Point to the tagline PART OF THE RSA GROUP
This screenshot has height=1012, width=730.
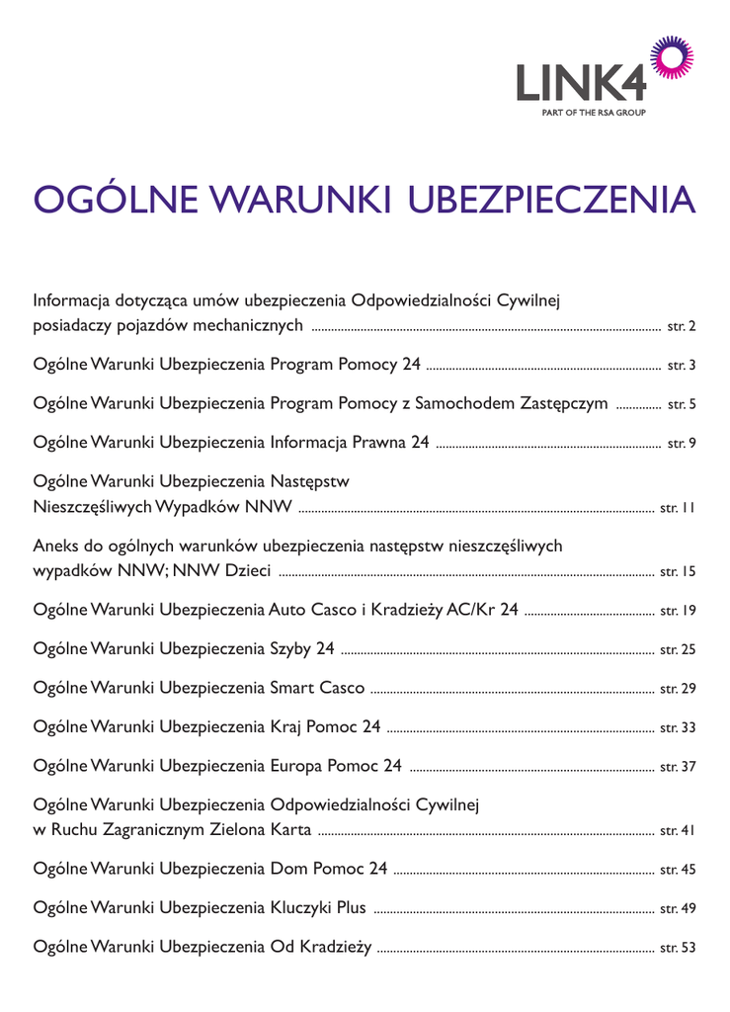[x=594, y=113]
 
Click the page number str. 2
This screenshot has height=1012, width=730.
[x=683, y=325]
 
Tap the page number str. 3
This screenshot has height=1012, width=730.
[x=683, y=366]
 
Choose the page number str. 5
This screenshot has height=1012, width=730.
[x=683, y=404]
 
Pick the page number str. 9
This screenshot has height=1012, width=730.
[x=683, y=443]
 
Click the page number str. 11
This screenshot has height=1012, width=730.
[x=679, y=509]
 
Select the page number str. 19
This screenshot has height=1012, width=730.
[x=679, y=612]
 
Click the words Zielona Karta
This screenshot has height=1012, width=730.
[x=264, y=830]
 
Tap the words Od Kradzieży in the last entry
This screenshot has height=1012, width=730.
[x=321, y=948]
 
